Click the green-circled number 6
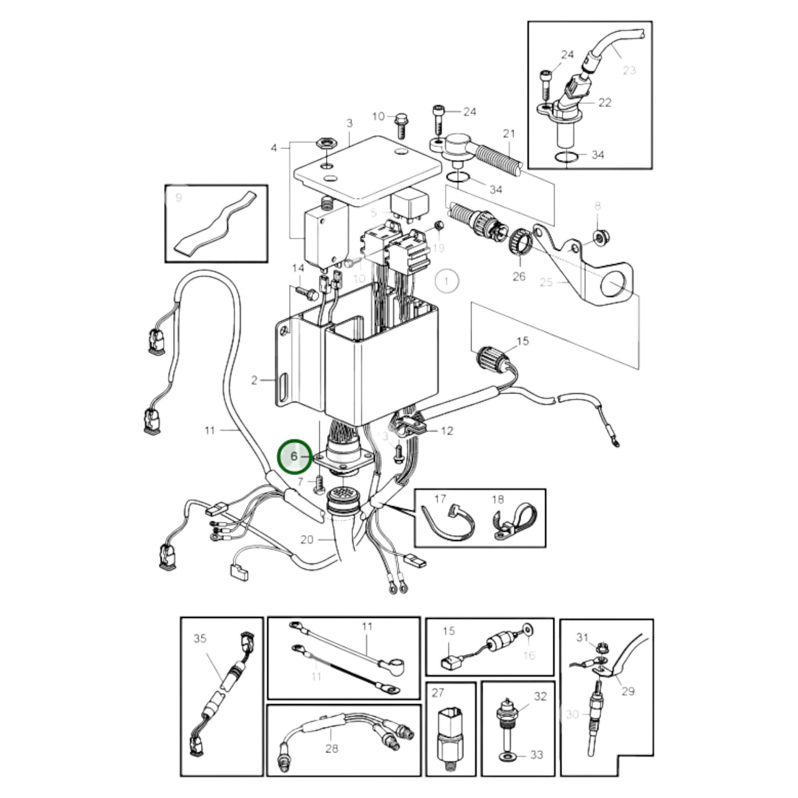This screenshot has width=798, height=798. click(x=294, y=456)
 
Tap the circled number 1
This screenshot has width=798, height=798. click(x=446, y=281)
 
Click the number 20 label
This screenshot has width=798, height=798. click(x=307, y=540)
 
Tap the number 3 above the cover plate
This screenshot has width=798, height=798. click(x=349, y=123)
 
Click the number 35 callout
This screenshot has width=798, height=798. click(x=200, y=638)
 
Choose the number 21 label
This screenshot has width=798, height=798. click(x=509, y=134)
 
